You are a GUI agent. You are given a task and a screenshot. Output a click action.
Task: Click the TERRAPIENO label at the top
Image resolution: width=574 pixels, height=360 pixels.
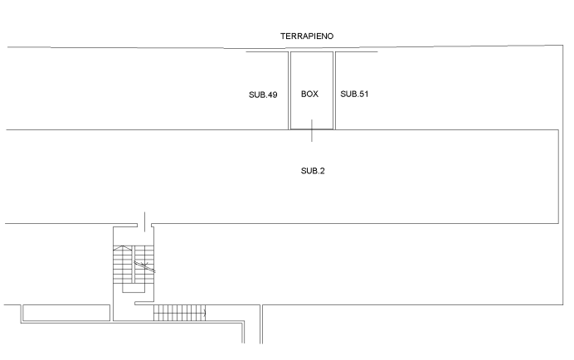[306, 36]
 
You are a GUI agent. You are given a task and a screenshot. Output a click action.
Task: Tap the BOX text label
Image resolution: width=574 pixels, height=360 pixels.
[309, 95]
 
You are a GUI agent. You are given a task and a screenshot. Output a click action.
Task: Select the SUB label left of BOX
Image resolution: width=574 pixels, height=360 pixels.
[261, 95]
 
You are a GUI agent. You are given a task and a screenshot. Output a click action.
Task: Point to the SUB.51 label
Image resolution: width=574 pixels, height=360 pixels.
[353, 95]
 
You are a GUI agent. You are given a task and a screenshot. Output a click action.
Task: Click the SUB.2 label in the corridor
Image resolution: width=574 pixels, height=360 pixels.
[313, 171]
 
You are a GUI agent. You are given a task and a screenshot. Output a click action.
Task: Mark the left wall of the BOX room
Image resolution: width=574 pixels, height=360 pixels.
[289, 90]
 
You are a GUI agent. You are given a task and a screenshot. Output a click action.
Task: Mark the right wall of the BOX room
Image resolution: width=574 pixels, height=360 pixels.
[333, 90]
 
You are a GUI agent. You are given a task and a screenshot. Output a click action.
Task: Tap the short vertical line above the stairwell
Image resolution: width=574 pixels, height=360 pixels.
[145, 221]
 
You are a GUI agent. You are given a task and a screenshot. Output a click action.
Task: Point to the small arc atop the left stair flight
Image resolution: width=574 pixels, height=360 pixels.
[123, 248]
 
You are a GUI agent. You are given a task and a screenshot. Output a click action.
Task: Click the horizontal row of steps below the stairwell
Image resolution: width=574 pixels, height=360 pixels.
[179, 312]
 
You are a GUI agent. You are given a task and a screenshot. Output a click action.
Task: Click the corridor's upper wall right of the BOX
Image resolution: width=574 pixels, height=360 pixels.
[448, 130]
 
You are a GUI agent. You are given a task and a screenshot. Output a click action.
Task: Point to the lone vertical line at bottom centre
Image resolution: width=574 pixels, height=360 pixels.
[261, 324]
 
